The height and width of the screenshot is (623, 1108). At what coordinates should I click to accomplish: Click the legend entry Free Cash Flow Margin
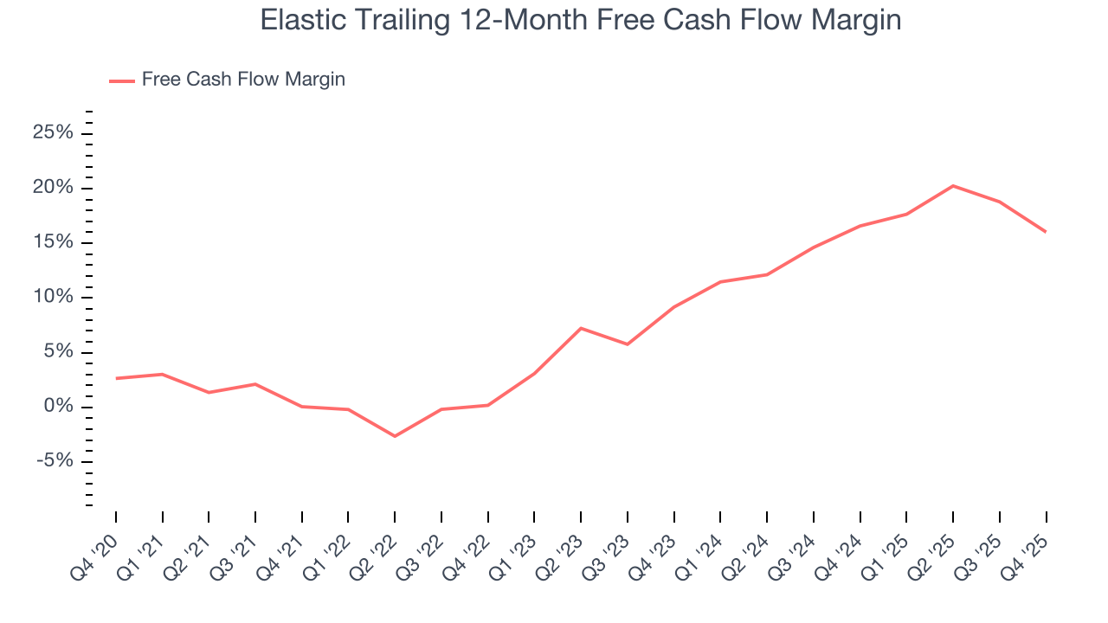243,80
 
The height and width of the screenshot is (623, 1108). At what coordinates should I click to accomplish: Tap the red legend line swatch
122,80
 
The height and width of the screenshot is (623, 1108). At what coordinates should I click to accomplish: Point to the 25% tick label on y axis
53,133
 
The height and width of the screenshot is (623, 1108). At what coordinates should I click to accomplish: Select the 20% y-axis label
53,188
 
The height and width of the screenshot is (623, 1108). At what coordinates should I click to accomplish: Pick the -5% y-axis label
55,461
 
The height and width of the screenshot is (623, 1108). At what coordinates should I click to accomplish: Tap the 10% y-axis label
53,297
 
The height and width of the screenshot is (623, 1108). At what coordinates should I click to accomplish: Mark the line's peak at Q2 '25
953,185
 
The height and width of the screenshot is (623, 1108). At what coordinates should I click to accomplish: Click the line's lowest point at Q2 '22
395,436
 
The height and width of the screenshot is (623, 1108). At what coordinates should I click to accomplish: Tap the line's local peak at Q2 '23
581,328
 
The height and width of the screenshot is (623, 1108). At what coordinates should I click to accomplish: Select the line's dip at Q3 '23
628,344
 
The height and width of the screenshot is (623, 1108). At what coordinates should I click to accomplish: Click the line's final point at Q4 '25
1046,232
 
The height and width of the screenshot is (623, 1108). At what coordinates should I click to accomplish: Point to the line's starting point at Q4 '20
116,378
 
